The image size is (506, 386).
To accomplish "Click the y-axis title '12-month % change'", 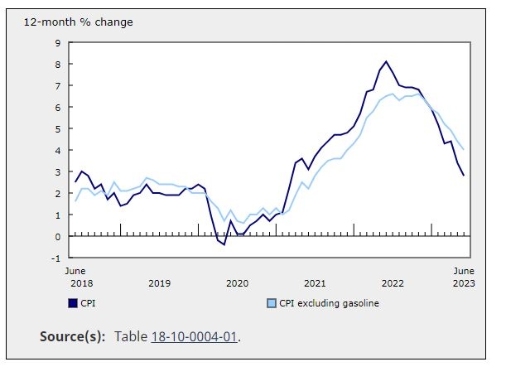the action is [x=79, y=22].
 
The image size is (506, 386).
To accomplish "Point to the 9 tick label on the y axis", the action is [x=58, y=43].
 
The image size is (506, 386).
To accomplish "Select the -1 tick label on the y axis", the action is [x=55, y=258].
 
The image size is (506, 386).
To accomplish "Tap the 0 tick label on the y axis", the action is [x=58, y=237].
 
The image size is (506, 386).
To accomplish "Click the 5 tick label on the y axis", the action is [x=58, y=129].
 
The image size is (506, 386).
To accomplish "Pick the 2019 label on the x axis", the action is [x=159, y=283].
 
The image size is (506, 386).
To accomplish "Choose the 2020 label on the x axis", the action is [x=237, y=283].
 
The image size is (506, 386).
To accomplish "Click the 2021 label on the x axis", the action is [x=315, y=283].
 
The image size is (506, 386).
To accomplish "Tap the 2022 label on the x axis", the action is [x=393, y=283].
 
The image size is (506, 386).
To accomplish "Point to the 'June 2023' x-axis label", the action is [x=464, y=277].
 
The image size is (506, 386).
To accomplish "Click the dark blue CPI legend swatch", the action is [x=73, y=303].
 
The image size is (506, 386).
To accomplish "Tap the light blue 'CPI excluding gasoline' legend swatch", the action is [x=272, y=303].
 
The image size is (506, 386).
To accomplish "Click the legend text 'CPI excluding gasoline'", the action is [x=329, y=303].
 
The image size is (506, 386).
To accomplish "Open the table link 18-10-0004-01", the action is [x=195, y=336].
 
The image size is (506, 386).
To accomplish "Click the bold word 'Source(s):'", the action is [x=73, y=336].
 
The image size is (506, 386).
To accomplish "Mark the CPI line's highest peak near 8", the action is [x=386, y=61].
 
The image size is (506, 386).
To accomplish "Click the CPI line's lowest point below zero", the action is [x=224, y=244].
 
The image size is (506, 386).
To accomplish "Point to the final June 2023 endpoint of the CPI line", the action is [x=464, y=176].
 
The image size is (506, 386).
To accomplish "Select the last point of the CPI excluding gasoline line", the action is [x=464, y=150].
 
